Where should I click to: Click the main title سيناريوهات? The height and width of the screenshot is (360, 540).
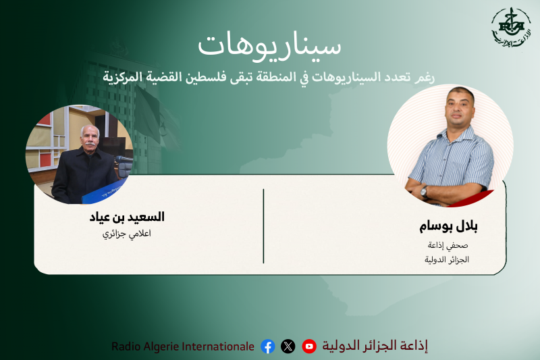pos(269,44)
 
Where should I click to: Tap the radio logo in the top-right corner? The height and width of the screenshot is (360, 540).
pos(510,28)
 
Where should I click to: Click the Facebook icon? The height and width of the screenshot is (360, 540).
pos(268,346)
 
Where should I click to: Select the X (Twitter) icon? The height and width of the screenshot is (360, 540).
pos(288,346)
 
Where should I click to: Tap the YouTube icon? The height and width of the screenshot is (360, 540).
pos(309,346)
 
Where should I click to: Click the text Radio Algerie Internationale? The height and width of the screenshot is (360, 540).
pos(183,346)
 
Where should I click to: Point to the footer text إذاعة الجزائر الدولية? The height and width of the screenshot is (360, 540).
pos(374,346)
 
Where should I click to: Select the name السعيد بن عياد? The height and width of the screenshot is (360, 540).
pos(127,217)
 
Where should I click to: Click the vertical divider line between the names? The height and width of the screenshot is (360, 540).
pos(263,226)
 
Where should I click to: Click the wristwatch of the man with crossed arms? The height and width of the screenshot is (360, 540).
pos(425,192)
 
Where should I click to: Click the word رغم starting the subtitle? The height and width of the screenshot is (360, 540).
pos(425,76)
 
